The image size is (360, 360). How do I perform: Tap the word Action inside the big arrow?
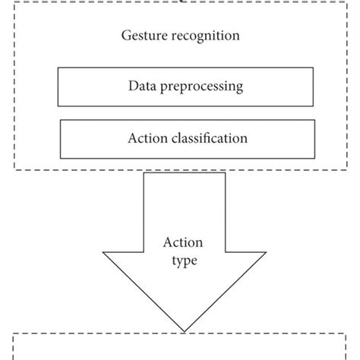tap(181, 244)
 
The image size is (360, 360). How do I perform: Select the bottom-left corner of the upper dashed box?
tap(15, 169)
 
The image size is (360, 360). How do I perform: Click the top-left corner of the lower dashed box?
tap(15, 332)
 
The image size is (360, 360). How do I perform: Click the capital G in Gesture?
tap(126, 36)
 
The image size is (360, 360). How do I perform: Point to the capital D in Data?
tap(132, 87)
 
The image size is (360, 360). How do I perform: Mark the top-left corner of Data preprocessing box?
tap(58, 69)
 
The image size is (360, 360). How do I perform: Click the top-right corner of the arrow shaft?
tap(226, 173)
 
